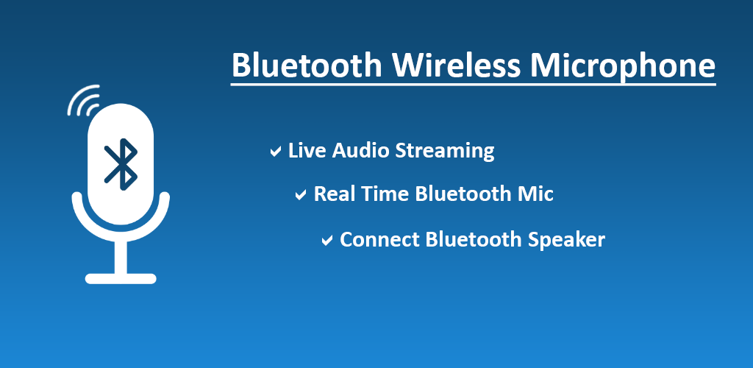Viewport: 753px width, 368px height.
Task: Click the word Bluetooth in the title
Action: (x=307, y=65)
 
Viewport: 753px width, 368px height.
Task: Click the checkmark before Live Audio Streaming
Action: (x=275, y=152)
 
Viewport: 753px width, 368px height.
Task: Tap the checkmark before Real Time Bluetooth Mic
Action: (x=301, y=195)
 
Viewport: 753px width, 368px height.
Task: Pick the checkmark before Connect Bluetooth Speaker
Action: (x=327, y=240)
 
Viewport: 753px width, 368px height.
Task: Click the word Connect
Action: (x=379, y=239)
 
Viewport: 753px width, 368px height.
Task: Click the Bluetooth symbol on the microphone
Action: (x=121, y=164)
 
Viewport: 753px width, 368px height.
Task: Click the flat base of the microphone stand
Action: (x=121, y=279)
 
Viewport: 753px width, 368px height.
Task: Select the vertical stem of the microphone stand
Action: (x=121, y=257)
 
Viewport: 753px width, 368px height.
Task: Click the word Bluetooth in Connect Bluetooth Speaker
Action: (x=474, y=239)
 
